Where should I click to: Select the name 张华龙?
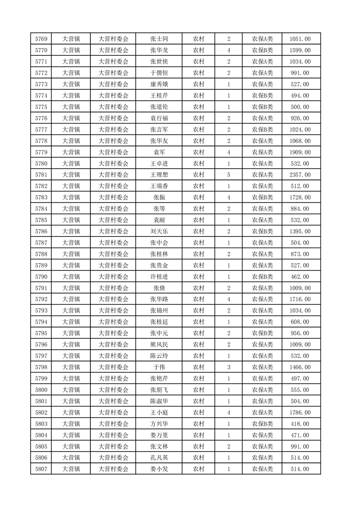click(159, 50)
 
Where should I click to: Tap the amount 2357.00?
click(300, 175)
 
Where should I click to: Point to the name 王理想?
click(159, 175)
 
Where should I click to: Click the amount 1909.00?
click(300, 152)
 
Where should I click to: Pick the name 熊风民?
click(159, 344)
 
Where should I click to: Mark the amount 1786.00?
click(300, 412)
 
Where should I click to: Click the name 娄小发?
click(159, 469)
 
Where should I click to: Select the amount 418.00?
click(300, 424)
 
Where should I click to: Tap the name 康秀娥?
click(159, 84)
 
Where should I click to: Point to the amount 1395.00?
click(300, 231)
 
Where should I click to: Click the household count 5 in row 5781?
click(228, 175)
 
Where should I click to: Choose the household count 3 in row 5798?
click(228, 367)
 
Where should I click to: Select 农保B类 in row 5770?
click(262, 50)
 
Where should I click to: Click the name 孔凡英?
click(159, 458)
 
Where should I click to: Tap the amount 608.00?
click(300, 322)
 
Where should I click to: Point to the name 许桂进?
click(159, 277)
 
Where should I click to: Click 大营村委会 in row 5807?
click(113, 469)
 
